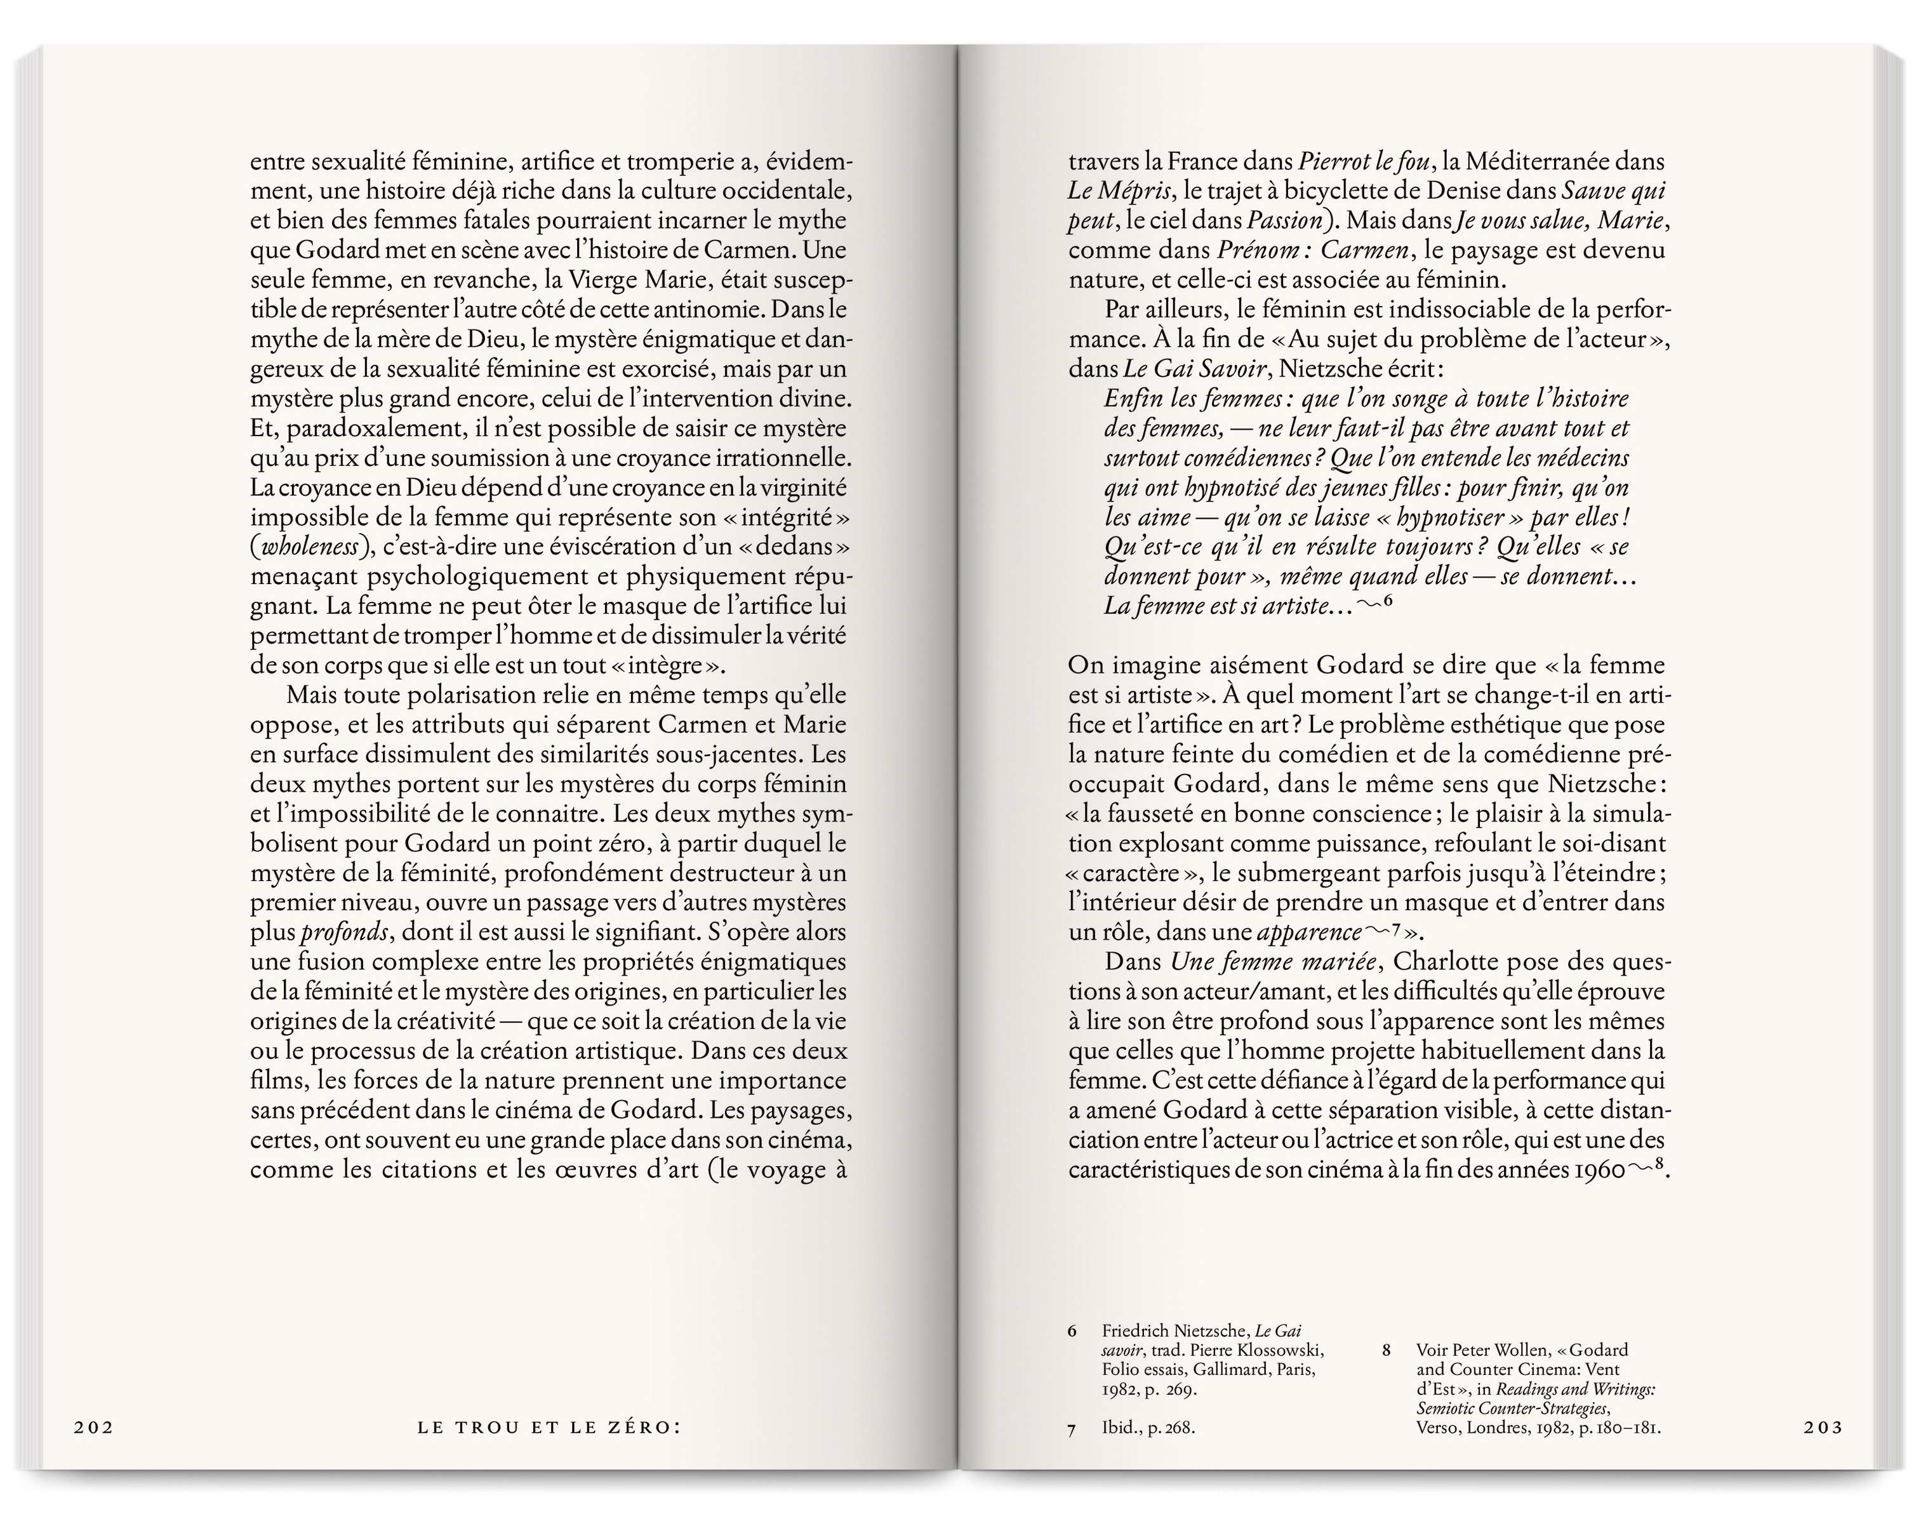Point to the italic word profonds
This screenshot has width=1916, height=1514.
[x=344, y=933]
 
